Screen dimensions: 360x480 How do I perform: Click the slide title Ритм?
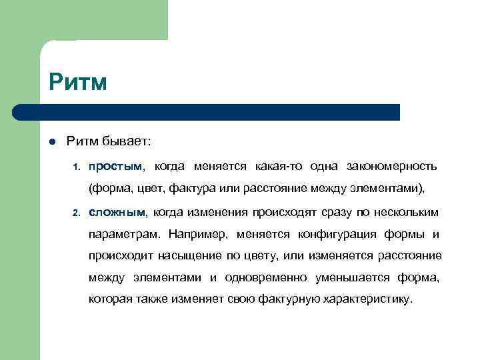[78, 83]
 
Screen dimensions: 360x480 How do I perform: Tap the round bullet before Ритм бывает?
[51, 141]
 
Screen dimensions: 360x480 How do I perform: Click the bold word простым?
[117, 165]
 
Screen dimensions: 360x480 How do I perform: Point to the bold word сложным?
[117, 212]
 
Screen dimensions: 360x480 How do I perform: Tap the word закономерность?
[392, 165]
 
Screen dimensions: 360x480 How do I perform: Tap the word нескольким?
[406, 212]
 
